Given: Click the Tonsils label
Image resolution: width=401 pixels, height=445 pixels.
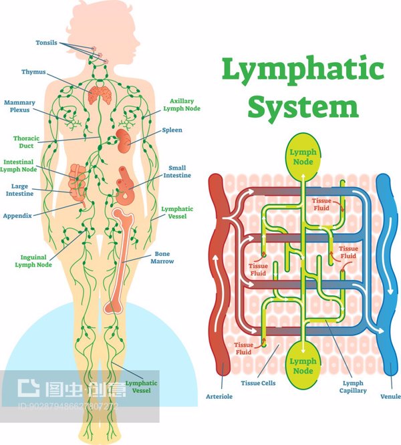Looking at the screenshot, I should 47,43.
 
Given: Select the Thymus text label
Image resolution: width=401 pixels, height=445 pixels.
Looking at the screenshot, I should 33,71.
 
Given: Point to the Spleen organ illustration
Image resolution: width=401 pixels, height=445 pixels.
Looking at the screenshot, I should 124,138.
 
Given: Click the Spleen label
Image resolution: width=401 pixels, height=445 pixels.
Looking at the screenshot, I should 172,130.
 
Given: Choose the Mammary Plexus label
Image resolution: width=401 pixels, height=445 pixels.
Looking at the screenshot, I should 19,106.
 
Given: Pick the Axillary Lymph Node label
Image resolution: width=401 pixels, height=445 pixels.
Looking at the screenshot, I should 181,104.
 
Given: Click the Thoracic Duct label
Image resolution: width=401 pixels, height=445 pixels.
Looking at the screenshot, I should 26,142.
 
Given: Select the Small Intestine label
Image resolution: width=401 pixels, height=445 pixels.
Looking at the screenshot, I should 177,172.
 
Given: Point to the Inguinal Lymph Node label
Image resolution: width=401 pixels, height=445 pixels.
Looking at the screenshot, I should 33,261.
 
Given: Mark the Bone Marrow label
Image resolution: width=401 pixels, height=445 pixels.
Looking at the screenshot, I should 164,257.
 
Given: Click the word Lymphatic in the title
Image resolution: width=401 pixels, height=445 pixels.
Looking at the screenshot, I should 303,69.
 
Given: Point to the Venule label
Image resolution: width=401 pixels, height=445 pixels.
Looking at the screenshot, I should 390,397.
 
